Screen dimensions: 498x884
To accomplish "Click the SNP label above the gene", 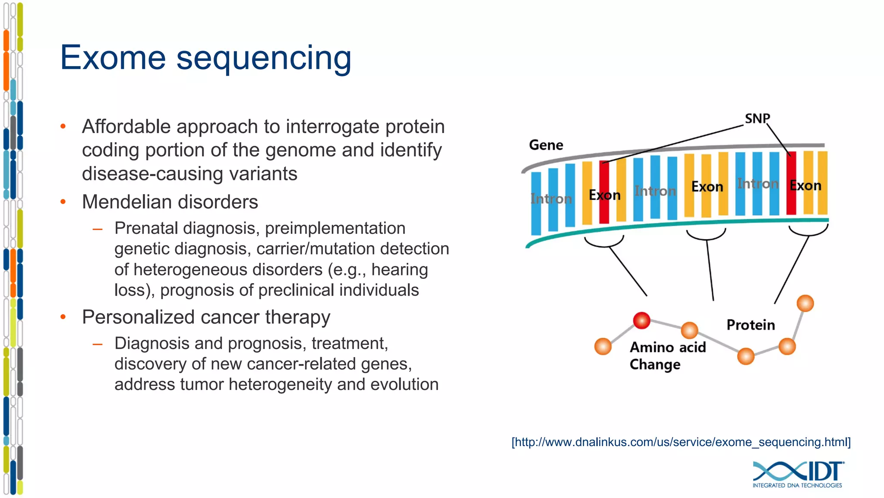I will (757, 118).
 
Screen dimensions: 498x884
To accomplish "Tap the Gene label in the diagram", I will (546, 145).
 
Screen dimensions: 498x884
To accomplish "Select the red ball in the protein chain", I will (641, 320).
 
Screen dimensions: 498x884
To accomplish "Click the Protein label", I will (751, 325).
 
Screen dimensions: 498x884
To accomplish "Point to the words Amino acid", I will (667, 347).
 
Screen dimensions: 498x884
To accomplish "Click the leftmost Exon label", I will (604, 195).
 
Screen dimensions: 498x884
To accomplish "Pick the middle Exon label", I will (707, 187).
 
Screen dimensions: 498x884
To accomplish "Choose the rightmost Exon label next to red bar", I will (805, 186).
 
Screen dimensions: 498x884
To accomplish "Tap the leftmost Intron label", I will (551, 199).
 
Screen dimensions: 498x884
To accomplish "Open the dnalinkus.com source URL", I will (681, 442).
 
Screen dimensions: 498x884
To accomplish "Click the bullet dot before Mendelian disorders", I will (63, 202).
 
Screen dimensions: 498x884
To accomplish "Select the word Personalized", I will (142, 317).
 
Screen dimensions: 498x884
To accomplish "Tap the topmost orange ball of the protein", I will (805, 303).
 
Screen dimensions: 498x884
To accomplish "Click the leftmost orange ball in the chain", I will (603, 346).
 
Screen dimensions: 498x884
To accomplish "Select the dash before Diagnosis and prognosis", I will (98, 344).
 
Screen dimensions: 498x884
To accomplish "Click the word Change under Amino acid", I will (655, 365).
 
